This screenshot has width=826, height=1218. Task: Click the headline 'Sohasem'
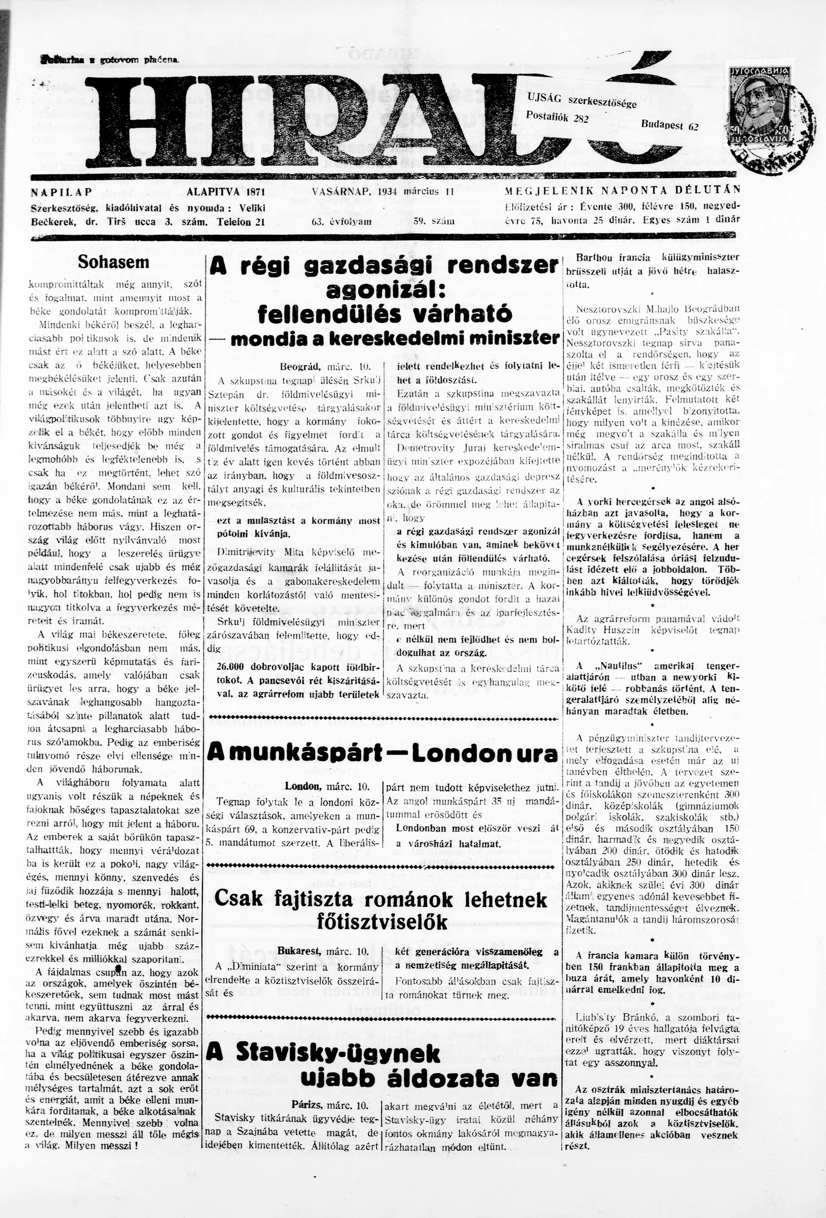(x=113, y=262)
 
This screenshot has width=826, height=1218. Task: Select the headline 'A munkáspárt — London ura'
(x=383, y=754)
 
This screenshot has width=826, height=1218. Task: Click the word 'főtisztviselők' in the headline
(x=383, y=921)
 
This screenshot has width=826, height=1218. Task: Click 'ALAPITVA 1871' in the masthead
(x=226, y=191)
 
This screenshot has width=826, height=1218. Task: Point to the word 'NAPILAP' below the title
(x=61, y=191)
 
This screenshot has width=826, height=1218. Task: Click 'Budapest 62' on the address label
(x=669, y=125)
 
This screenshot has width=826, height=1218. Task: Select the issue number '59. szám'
(x=433, y=221)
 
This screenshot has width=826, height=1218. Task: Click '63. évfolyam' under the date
(x=341, y=221)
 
